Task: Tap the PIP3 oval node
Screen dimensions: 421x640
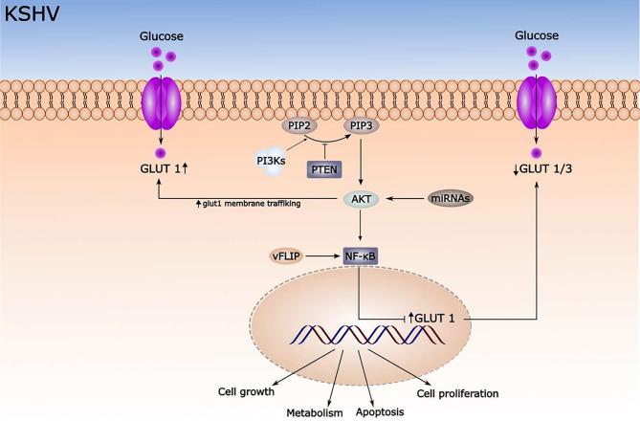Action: click(x=362, y=124)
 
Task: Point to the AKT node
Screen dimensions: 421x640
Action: click(x=362, y=198)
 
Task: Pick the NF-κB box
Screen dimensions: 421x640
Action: click(x=362, y=255)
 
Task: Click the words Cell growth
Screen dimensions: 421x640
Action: click(x=246, y=392)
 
